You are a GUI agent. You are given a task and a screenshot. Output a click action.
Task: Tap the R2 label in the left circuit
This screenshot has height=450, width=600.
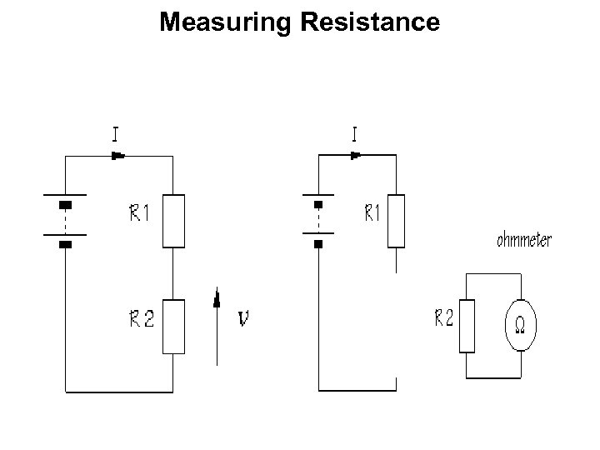click(141, 319)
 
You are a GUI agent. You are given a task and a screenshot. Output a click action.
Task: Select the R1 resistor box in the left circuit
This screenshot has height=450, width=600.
click(173, 221)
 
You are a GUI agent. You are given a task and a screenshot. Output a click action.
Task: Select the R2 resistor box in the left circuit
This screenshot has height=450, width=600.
click(173, 326)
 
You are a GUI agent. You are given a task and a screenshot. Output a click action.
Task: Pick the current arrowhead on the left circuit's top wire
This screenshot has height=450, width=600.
click(118, 155)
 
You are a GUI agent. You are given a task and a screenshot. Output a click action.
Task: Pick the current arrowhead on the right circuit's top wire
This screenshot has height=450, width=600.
click(356, 155)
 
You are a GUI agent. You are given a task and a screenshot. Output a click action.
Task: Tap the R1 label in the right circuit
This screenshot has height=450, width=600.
click(372, 213)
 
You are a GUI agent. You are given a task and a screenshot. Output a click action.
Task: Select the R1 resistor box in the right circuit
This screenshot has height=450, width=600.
click(396, 221)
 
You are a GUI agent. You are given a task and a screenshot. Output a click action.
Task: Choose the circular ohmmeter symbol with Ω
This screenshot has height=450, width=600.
click(522, 324)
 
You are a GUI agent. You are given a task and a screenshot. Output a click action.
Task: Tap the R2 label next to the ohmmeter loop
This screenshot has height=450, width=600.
click(443, 318)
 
